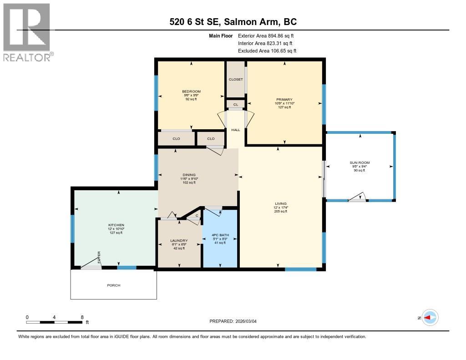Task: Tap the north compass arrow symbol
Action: [430, 318]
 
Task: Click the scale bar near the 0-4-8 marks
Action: [54, 322]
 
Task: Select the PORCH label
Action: [113, 285]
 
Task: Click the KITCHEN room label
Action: [116, 225]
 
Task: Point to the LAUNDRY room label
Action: [179, 241]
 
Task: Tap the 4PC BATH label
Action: [220, 235]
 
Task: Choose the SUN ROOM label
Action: [360, 163]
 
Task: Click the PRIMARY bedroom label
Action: [284, 99]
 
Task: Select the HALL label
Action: [236, 130]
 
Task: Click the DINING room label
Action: [189, 175]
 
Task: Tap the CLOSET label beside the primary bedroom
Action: [236, 79]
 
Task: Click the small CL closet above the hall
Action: [235, 104]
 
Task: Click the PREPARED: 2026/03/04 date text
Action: [236, 321]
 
